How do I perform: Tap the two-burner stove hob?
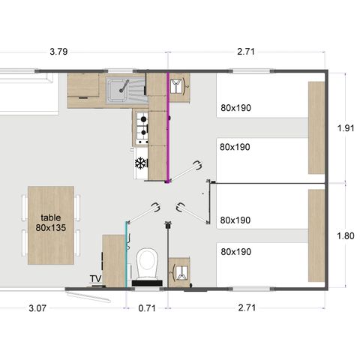(x=141, y=127)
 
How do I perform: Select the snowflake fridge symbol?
(x=140, y=163)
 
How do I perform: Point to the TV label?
(x=95, y=279)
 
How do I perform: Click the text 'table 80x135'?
(x=52, y=222)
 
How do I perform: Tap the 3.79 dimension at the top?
(x=59, y=52)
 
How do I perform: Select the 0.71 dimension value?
(x=147, y=308)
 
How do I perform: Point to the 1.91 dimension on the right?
(x=345, y=127)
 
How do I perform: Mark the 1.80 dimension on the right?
(x=345, y=235)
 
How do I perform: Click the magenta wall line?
(x=169, y=127)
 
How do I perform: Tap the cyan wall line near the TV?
(x=125, y=255)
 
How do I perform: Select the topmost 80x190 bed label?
(x=235, y=107)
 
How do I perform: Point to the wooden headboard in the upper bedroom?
(x=316, y=127)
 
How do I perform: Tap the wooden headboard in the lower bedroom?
(x=316, y=235)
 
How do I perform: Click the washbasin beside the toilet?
(x=180, y=271)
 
